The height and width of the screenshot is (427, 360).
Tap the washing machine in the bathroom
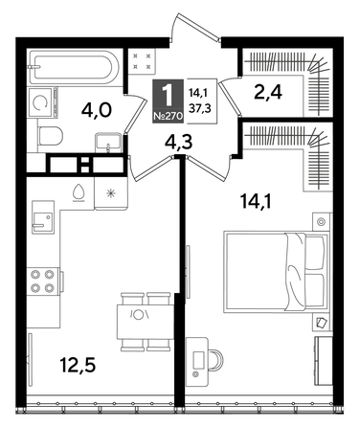point(41,101)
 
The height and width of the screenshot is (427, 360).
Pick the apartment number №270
point(169,116)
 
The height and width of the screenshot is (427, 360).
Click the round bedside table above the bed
point(320,222)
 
